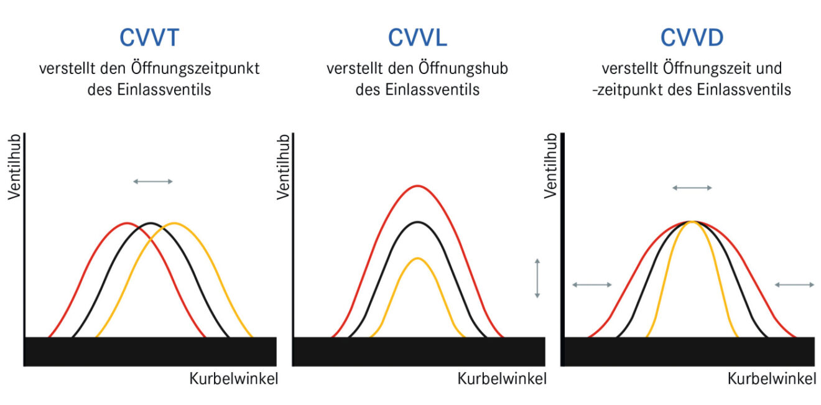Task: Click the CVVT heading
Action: pyautogui.click(x=149, y=38)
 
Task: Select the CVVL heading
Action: pyautogui.click(x=417, y=38)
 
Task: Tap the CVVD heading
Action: pyautogui.click(x=692, y=38)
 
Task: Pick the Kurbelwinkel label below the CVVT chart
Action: pyautogui.click(x=233, y=378)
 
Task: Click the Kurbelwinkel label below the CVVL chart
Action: pyautogui.click(x=502, y=378)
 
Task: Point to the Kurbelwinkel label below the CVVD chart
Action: pyautogui.click(x=771, y=378)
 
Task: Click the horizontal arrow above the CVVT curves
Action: pyautogui.click(x=153, y=181)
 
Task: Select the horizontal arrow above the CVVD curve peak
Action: pyautogui.click(x=692, y=187)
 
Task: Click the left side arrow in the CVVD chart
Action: pyautogui.click(x=592, y=285)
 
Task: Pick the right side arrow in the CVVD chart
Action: pyautogui.click(x=794, y=285)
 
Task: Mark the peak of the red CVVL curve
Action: pyautogui.click(x=418, y=186)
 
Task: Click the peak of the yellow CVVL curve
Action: pyautogui.click(x=418, y=258)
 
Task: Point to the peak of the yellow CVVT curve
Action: pyautogui.click(x=175, y=223)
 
